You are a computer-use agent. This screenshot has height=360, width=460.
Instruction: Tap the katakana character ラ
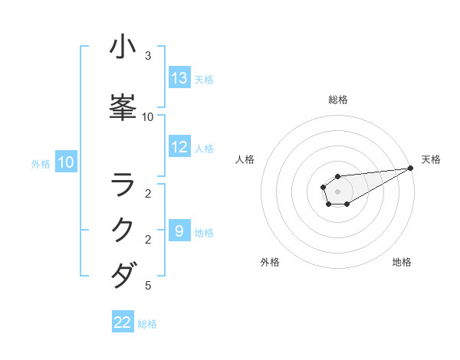click(123, 185)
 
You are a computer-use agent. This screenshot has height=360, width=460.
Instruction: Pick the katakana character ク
click(123, 229)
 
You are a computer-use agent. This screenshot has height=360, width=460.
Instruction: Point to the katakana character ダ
click(123, 274)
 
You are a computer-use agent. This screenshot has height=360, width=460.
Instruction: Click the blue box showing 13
click(179, 78)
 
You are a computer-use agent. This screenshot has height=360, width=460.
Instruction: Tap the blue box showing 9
click(179, 231)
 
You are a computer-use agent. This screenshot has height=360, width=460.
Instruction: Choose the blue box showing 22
click(123, 322)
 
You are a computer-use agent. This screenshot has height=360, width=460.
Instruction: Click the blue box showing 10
click(66, 162)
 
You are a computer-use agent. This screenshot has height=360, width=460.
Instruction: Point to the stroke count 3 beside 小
click(148, 56)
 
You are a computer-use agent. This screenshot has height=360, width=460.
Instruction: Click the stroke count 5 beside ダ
click(148, 286)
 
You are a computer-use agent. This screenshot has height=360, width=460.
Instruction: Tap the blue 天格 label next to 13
click(203, 79)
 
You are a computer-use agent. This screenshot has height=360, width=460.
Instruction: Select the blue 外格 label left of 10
click(41, 163)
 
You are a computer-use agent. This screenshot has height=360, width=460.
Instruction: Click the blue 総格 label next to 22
click(147, 323)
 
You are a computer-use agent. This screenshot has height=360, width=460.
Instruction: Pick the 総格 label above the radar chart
click(338, 100)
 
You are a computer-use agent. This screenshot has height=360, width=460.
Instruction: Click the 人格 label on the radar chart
click(245, 159)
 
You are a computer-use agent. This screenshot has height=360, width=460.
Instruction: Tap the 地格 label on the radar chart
click(402, 262)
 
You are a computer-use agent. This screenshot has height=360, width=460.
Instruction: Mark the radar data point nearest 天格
click(411, 168)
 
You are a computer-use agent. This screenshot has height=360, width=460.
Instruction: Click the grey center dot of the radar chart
click(338, 191)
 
